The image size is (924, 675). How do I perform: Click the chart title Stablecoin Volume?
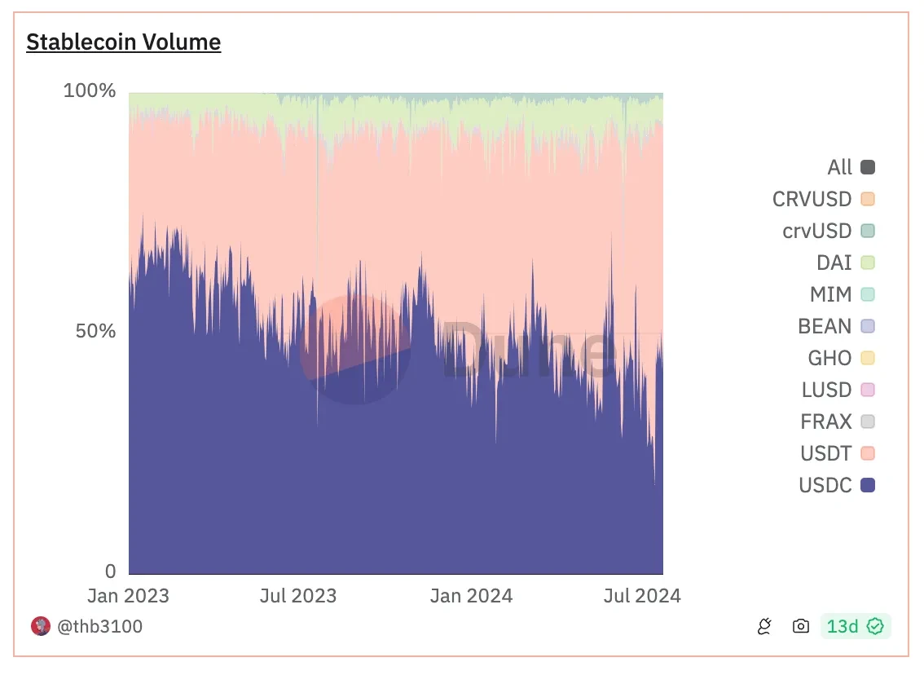pyautogui.click(x=123, y=42)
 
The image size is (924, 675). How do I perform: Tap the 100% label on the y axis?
pyautogui.click(x=90, y=90)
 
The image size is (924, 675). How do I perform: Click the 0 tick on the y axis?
pyautogui.click(x=109, y=571)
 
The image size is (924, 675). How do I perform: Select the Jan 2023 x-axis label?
pyautogui.click(x=129, y=596)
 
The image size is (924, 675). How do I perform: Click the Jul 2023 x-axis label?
pyautogui.click(x=297, y=596)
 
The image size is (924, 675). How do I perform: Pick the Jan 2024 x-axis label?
pyautogui.click(x=472, y=596)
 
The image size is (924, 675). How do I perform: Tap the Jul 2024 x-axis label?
pyautogui.click(x=641, y=596)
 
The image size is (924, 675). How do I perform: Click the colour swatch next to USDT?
pyautogui.click(x=868, y=454)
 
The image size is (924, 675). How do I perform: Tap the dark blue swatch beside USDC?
pyautogui.click(x=868, y=486)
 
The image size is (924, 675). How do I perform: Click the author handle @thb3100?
pyautogui.click(x=99, y=626)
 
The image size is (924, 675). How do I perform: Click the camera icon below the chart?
pyautogui.click(x=801, y=626)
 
